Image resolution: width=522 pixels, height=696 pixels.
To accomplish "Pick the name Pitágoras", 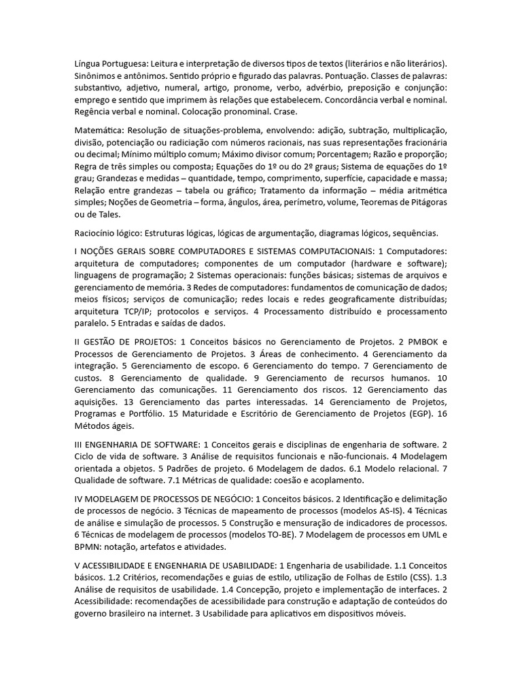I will coord(420,203).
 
